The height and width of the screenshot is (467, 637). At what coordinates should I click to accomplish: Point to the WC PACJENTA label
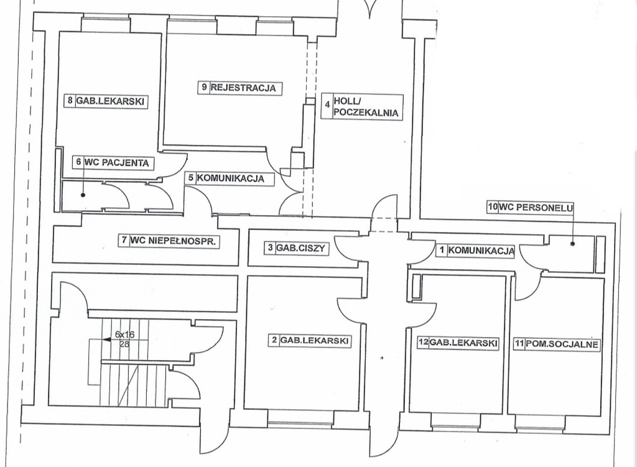click(113, 163)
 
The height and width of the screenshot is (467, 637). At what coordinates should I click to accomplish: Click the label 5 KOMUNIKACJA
click(230, 178)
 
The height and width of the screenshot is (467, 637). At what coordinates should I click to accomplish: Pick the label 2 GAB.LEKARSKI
click(310, 340)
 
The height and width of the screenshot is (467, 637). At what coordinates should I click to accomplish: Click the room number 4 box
click(326, 107)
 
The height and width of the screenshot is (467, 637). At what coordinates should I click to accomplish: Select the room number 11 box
click(517, 343)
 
